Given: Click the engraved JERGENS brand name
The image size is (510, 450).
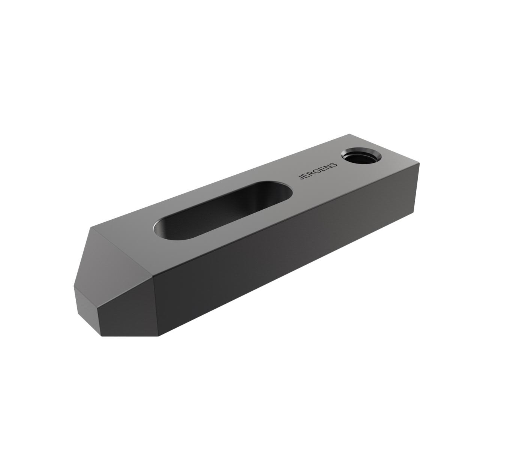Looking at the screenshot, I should (318, 171).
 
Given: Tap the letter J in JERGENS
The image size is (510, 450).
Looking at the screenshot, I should (301, 177).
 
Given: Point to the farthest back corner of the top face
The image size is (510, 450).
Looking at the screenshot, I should (350, 134).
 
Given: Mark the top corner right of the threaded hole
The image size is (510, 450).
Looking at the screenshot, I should (419, 163).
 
